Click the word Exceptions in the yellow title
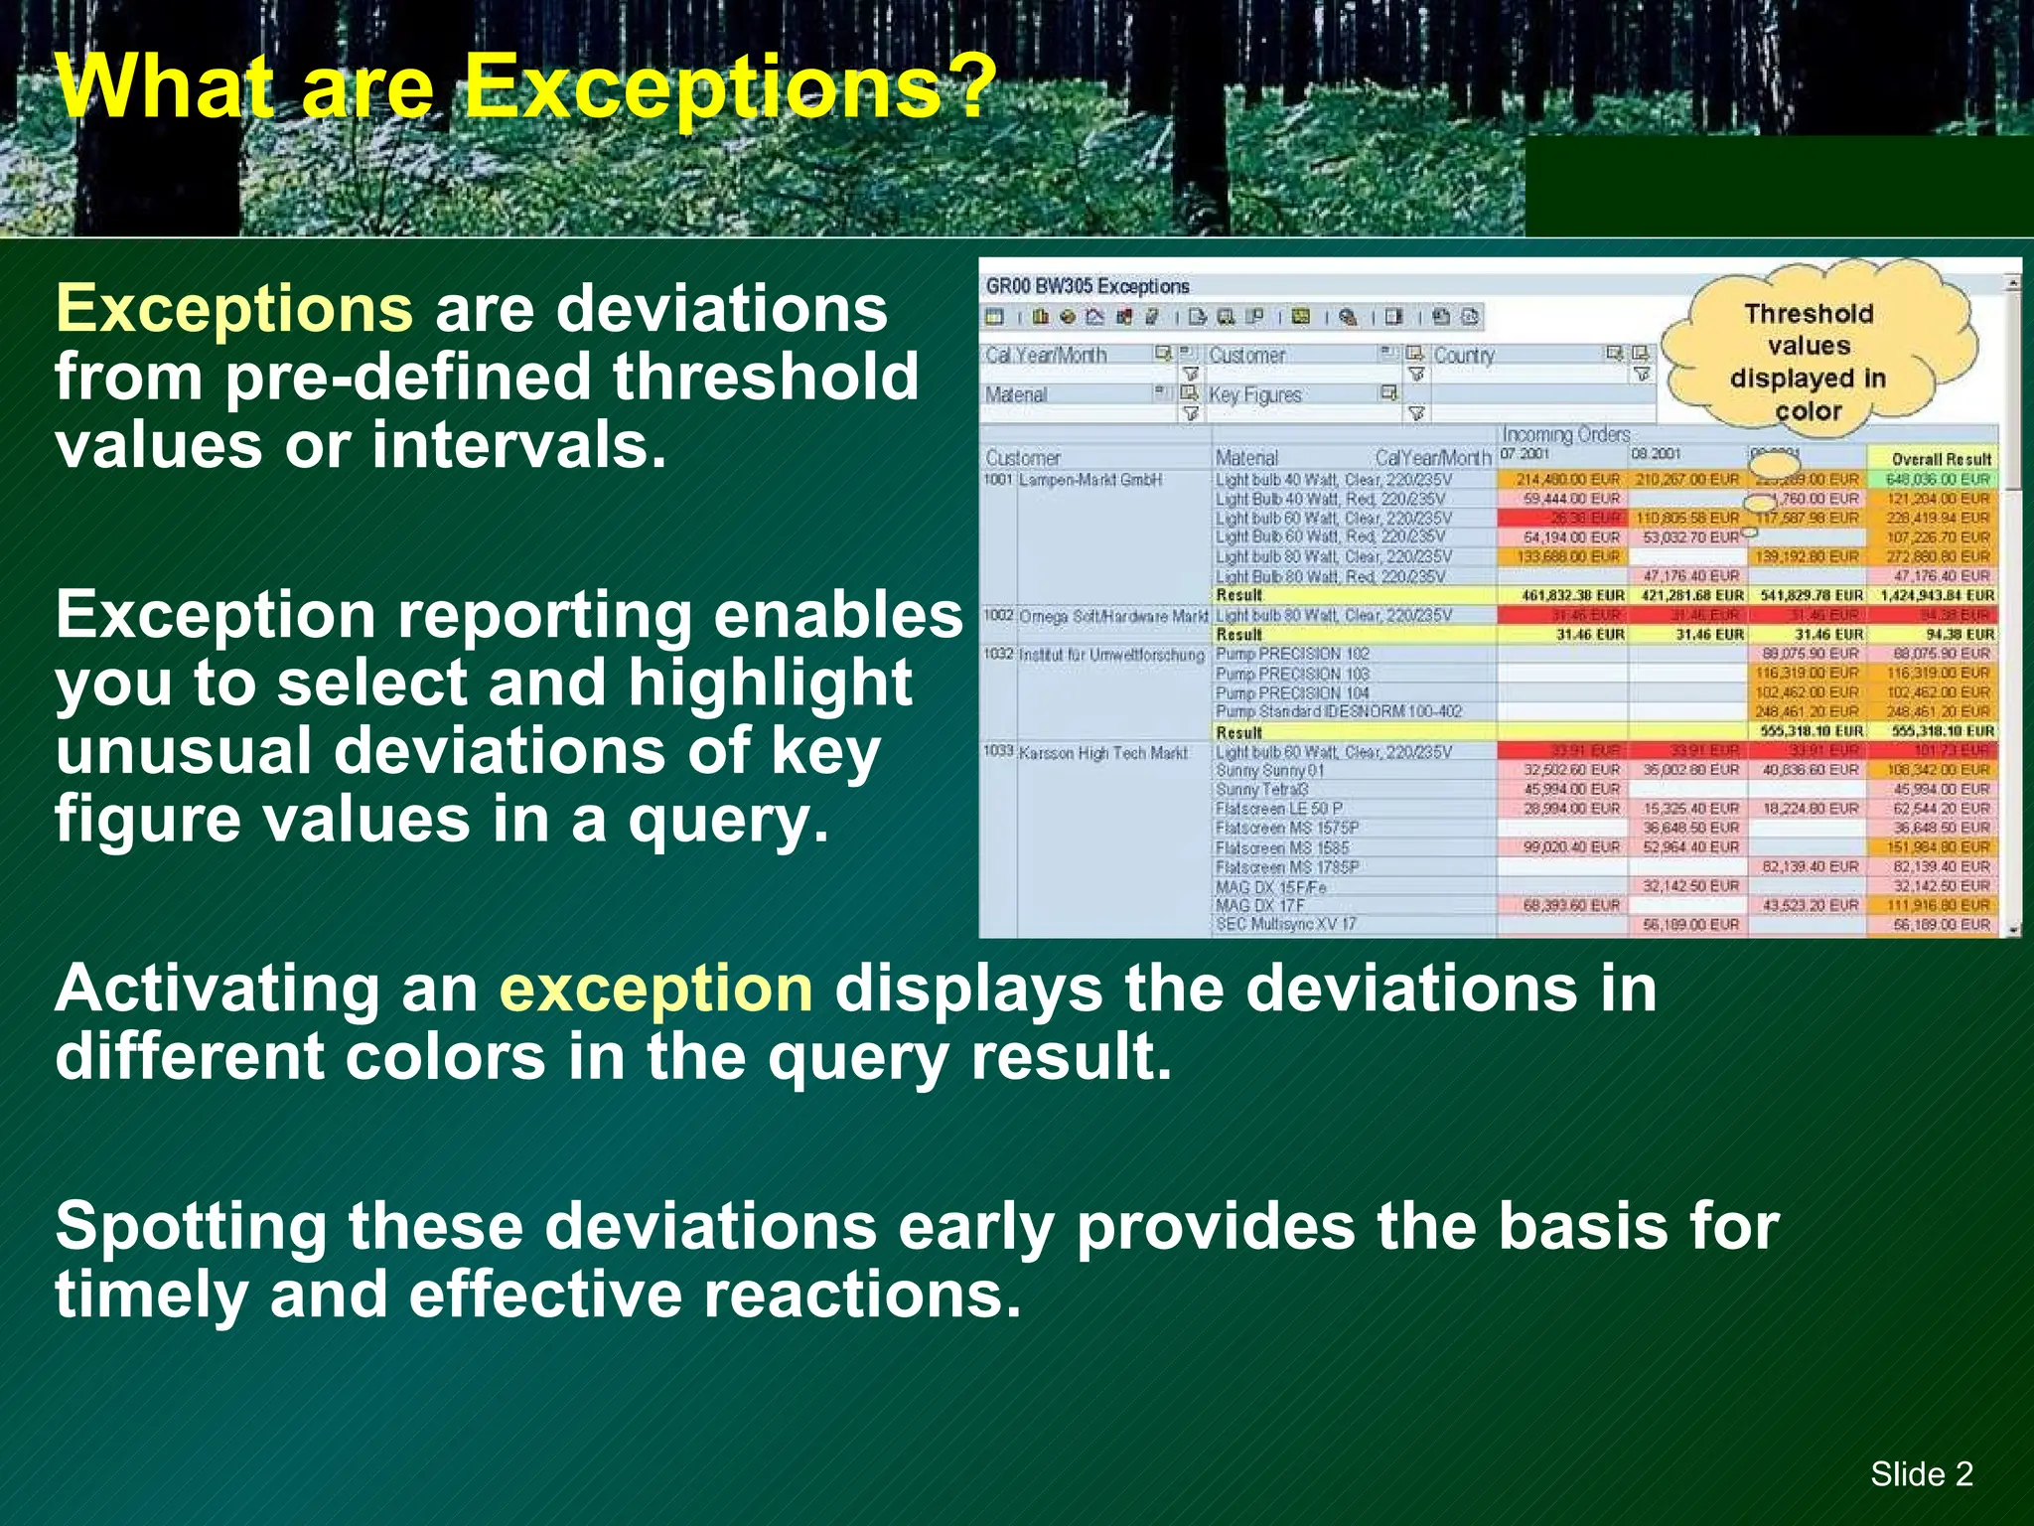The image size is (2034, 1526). tap(730, 87)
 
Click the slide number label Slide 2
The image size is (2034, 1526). tap(1921, 1473)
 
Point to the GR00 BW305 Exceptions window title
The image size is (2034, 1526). tap(1088, 287)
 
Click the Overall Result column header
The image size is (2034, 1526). tap(1941, 459)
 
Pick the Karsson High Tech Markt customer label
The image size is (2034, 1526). tap(1101, 753)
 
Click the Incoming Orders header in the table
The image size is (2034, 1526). tap(1565, 435)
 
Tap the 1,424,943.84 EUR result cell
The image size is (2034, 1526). tap(1937, 596)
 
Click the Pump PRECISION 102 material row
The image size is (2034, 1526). tap(1292, 654)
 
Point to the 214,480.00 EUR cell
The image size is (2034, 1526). tap(1567, 480)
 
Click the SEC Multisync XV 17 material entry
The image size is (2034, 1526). tap(1285, 925)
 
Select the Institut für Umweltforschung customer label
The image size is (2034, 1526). tap(1110, 655)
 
